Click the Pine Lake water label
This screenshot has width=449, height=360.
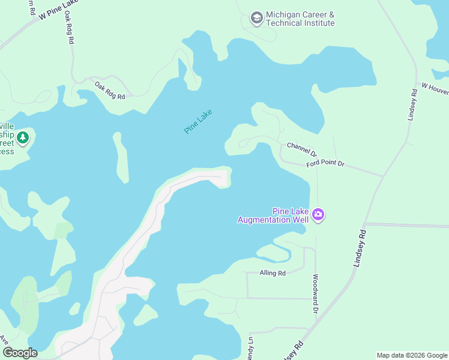[199, 121]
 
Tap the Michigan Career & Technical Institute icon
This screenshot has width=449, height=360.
[257, 18]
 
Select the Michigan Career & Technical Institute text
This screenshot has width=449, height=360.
[300, 19]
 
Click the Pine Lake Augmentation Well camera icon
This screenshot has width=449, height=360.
[318, 215]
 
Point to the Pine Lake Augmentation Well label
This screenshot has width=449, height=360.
[273, 215]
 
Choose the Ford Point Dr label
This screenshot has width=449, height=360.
[324, 163]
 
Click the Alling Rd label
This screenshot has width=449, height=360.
[273, 273]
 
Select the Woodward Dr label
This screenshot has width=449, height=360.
[315, 294]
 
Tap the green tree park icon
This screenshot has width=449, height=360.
[23, 138]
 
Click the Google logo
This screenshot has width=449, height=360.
[20, 353]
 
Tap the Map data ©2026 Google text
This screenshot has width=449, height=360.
[411, 355]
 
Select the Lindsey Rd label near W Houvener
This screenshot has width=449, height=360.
[412, 106]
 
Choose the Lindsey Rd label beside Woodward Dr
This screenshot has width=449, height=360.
[360, 246]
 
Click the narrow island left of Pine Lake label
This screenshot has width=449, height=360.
[121, 157]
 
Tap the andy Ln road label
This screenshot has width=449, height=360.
[251, 349]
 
